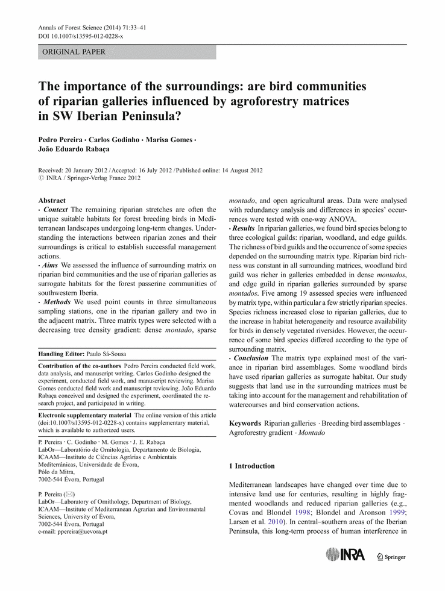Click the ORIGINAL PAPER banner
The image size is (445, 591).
pos(127,52)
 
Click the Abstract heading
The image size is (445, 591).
pos(52,201)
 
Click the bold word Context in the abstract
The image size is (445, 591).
pos(56,210)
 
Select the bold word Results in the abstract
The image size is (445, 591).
pos(244,229)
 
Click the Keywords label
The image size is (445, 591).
pos(245,424)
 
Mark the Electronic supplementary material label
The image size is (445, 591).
pos(84,416)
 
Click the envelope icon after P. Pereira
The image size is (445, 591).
pos(72,494)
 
